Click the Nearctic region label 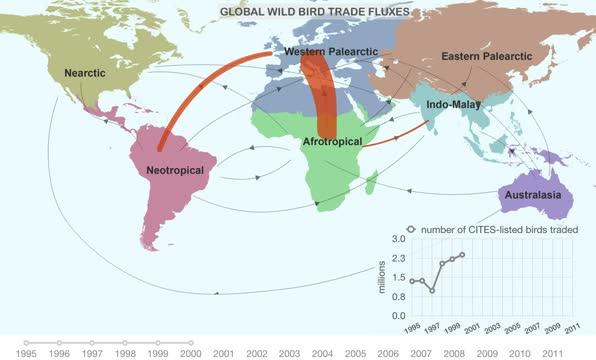pos(85,74)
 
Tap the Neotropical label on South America pos(175,171)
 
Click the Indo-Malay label pos(453,104)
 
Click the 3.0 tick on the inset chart pos(397,239)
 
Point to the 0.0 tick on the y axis pos(397,316)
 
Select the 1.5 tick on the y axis pos(397,278)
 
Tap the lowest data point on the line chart pos(432,290)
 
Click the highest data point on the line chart pos(462,255)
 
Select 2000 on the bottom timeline pos(190,353)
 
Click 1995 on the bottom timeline pos(26,353)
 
